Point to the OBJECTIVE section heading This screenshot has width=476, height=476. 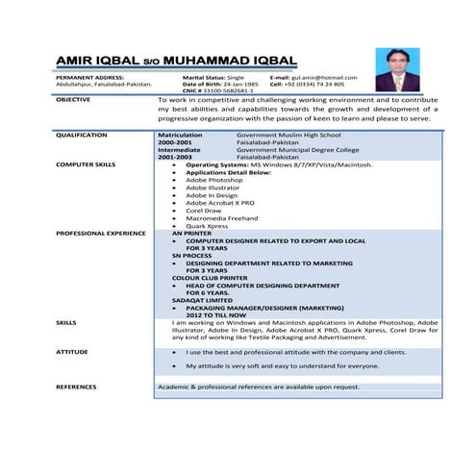click(74, 99)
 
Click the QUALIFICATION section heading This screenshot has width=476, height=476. click(82, 136)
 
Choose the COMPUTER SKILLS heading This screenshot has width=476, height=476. click(86, 164)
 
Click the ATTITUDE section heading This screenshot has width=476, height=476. click(72, 352)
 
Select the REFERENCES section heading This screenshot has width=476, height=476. click(76, 387)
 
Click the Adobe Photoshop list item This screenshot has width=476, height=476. click(213, 180)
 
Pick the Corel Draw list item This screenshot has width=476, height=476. click(205, 210)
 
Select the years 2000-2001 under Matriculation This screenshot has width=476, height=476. click(174, 142)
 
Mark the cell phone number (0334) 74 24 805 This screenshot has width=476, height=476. click(314, 84)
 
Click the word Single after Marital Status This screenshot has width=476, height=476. click(236, 77)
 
